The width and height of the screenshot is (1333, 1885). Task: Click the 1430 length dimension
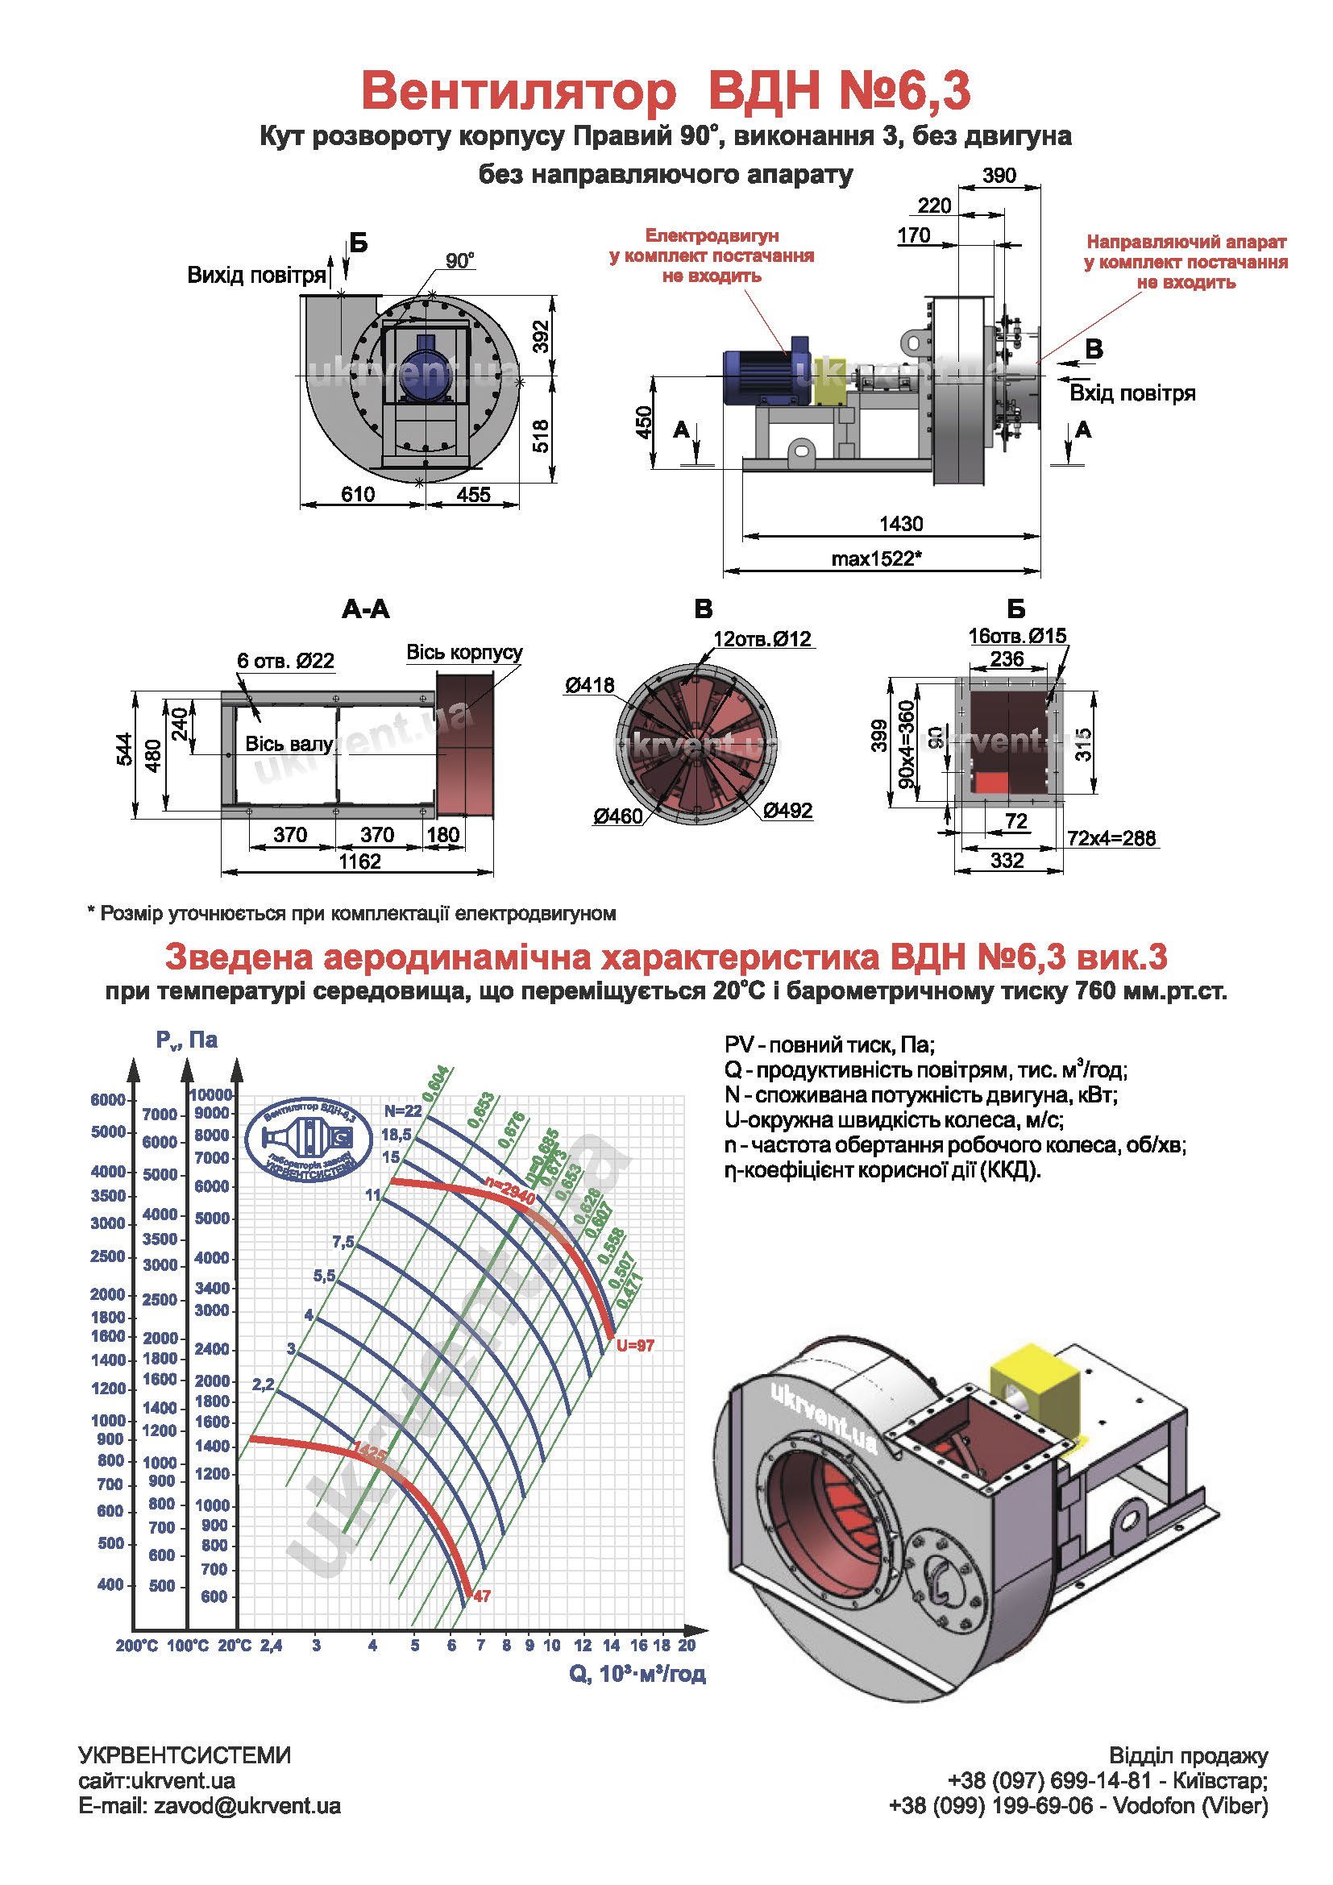click(x=900, y=524)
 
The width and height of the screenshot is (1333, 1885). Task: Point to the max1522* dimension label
click(x=876, y=559)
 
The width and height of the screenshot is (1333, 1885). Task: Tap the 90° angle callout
click(x=459, y=261)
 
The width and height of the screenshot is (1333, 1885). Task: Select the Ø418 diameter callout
click(x=589, y=685)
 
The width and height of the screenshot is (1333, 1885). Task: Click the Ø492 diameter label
click(x=787, y=810)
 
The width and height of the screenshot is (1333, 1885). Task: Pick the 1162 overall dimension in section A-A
click(x=359, y=862)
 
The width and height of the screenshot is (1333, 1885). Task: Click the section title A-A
click(x=365, y=609)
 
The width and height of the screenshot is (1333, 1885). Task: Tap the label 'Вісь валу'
click(x=289, y=744)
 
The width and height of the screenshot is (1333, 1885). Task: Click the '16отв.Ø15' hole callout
click(x=1017, y=635)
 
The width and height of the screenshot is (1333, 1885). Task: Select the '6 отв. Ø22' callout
click(x=285, y=661)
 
